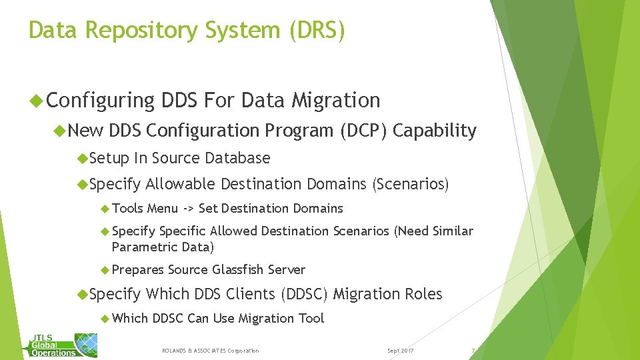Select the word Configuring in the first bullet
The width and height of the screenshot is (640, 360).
coord(101,101)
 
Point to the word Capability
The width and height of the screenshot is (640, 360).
coord(435,131)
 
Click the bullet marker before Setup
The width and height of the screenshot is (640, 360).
coord(82,158)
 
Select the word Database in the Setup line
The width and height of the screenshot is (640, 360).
coord(237,158)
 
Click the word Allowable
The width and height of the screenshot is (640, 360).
coord(181,183)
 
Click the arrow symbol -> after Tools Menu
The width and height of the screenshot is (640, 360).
coord(189,209)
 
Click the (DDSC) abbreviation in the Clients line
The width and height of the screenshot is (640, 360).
coord(305,294)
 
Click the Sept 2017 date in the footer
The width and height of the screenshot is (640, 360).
coord(400,351)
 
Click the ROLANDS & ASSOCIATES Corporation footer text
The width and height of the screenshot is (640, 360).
coord(211,351)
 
